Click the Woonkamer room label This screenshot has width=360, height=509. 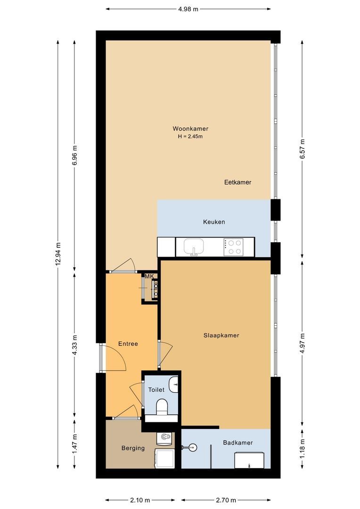click(190, 129)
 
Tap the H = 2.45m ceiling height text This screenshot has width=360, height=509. click(190, 137)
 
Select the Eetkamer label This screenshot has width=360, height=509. click(237, 182)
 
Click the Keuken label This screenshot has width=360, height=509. click(214, 222)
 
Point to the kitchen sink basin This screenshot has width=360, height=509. click(194, 246)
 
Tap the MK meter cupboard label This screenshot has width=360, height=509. click(149, 276)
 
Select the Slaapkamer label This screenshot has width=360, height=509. click(221, 336)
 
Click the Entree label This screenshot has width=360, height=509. click(128, 344)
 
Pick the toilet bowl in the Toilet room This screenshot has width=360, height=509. click(162, 406)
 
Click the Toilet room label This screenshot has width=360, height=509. click(156, 390)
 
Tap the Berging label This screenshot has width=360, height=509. click(133, 448)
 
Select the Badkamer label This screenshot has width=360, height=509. click(238, 443)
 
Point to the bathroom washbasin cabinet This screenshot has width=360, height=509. click(250, 460)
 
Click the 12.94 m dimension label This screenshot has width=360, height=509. click(58, 254)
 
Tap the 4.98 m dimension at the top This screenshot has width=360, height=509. click(188, 8)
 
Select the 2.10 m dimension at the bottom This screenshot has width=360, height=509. click(140, 500)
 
